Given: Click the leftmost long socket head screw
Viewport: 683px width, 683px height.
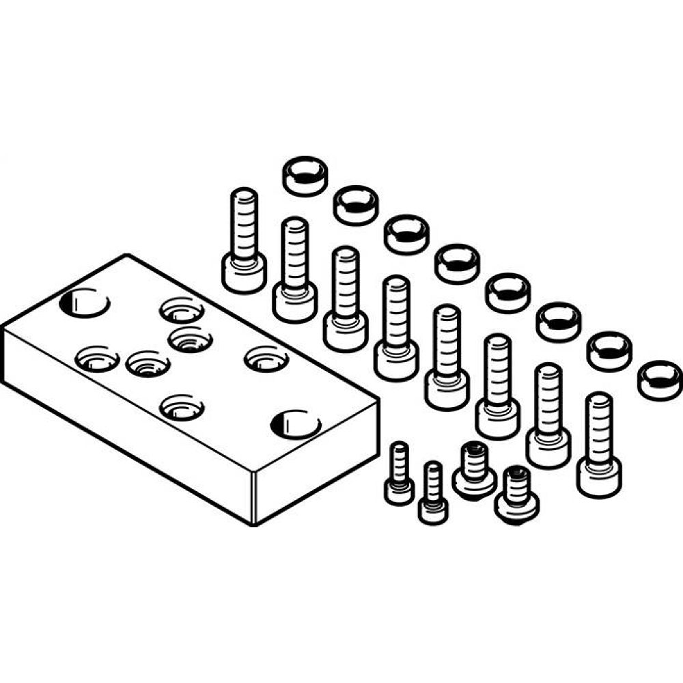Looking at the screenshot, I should [243, 242].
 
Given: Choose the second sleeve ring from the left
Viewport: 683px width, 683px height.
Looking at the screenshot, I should [355, 204].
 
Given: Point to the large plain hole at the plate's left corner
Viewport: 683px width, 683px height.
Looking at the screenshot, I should [85, 303].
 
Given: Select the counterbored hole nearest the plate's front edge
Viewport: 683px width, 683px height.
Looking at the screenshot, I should [182, 408].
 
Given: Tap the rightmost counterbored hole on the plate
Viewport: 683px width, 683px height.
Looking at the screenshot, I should [266, 358].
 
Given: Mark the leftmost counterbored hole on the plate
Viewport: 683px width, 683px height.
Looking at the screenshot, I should [97, 358].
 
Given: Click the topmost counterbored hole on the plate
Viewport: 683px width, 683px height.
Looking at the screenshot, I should [182, 309].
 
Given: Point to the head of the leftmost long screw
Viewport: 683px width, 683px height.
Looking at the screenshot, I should [244, 272].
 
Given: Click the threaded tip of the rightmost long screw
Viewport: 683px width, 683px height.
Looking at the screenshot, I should [599, 403].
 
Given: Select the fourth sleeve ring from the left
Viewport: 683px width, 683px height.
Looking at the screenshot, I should [457, 263].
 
